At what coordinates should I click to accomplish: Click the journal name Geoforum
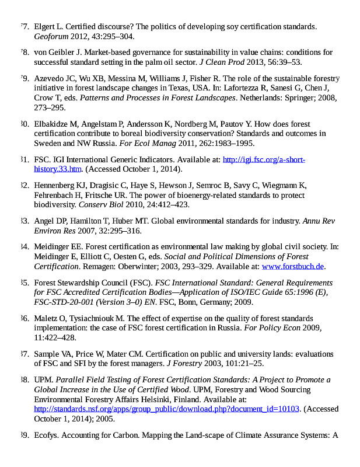coord(51,36)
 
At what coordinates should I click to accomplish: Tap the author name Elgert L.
coord(47,27)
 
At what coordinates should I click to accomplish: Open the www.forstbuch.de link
coord(292,266)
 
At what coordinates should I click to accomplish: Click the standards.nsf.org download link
coord(166,408)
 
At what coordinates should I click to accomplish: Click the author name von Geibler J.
coord(56,53)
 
